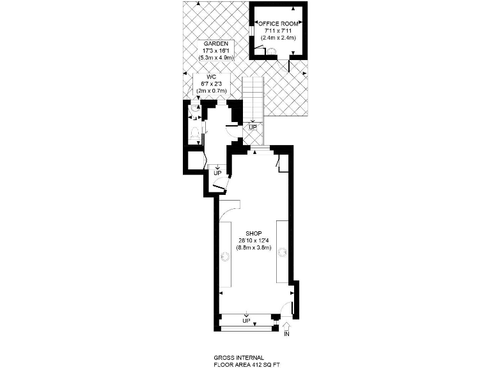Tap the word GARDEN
pyautogui.click(x=214, y=43)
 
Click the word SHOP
pyautogui.click(x=254, y=233)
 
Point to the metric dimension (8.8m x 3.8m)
pyautogui.click(x=254, y=247)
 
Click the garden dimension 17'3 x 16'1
pyautogui.click(x=214, y=50)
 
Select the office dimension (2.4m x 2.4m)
pyautogui.click(x=278, y=38)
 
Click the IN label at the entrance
pyautogui.click(x=286, y=334)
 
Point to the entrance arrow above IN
pyautogui.click(x=286, y=326)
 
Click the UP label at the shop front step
pyautogui.click(x=246, y=320)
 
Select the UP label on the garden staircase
pyautogui.click(x=253, y=127)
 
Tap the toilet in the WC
pyautogui.click(x=194, y=133)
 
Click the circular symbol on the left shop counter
pyautogui.click(x=225, y=256)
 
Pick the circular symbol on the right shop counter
pyautogui.click(x=282, y=254)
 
